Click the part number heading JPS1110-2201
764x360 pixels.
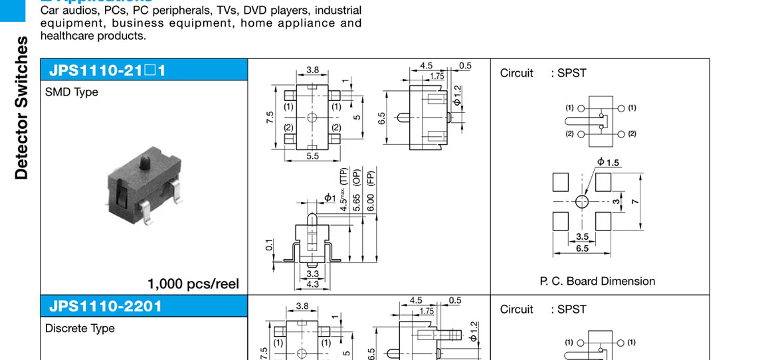point(105,306)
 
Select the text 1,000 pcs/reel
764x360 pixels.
point(193,284)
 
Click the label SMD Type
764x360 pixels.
point(72,92)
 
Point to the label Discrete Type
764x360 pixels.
point(80,328)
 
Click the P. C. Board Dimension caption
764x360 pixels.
point(597,281)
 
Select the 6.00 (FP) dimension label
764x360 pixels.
point(371,191)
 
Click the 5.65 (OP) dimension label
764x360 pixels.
point(357,191)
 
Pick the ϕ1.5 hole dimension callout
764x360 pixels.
point(608,162)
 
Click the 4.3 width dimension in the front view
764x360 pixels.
point(313,284)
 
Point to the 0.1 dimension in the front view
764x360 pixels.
point(269,245)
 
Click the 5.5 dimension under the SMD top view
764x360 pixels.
point(312,155)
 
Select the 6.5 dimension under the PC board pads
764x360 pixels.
point(582,248)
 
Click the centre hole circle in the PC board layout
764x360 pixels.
point(582,201)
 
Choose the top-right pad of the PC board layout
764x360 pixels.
point(603,181)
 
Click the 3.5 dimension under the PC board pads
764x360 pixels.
point(583,236)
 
